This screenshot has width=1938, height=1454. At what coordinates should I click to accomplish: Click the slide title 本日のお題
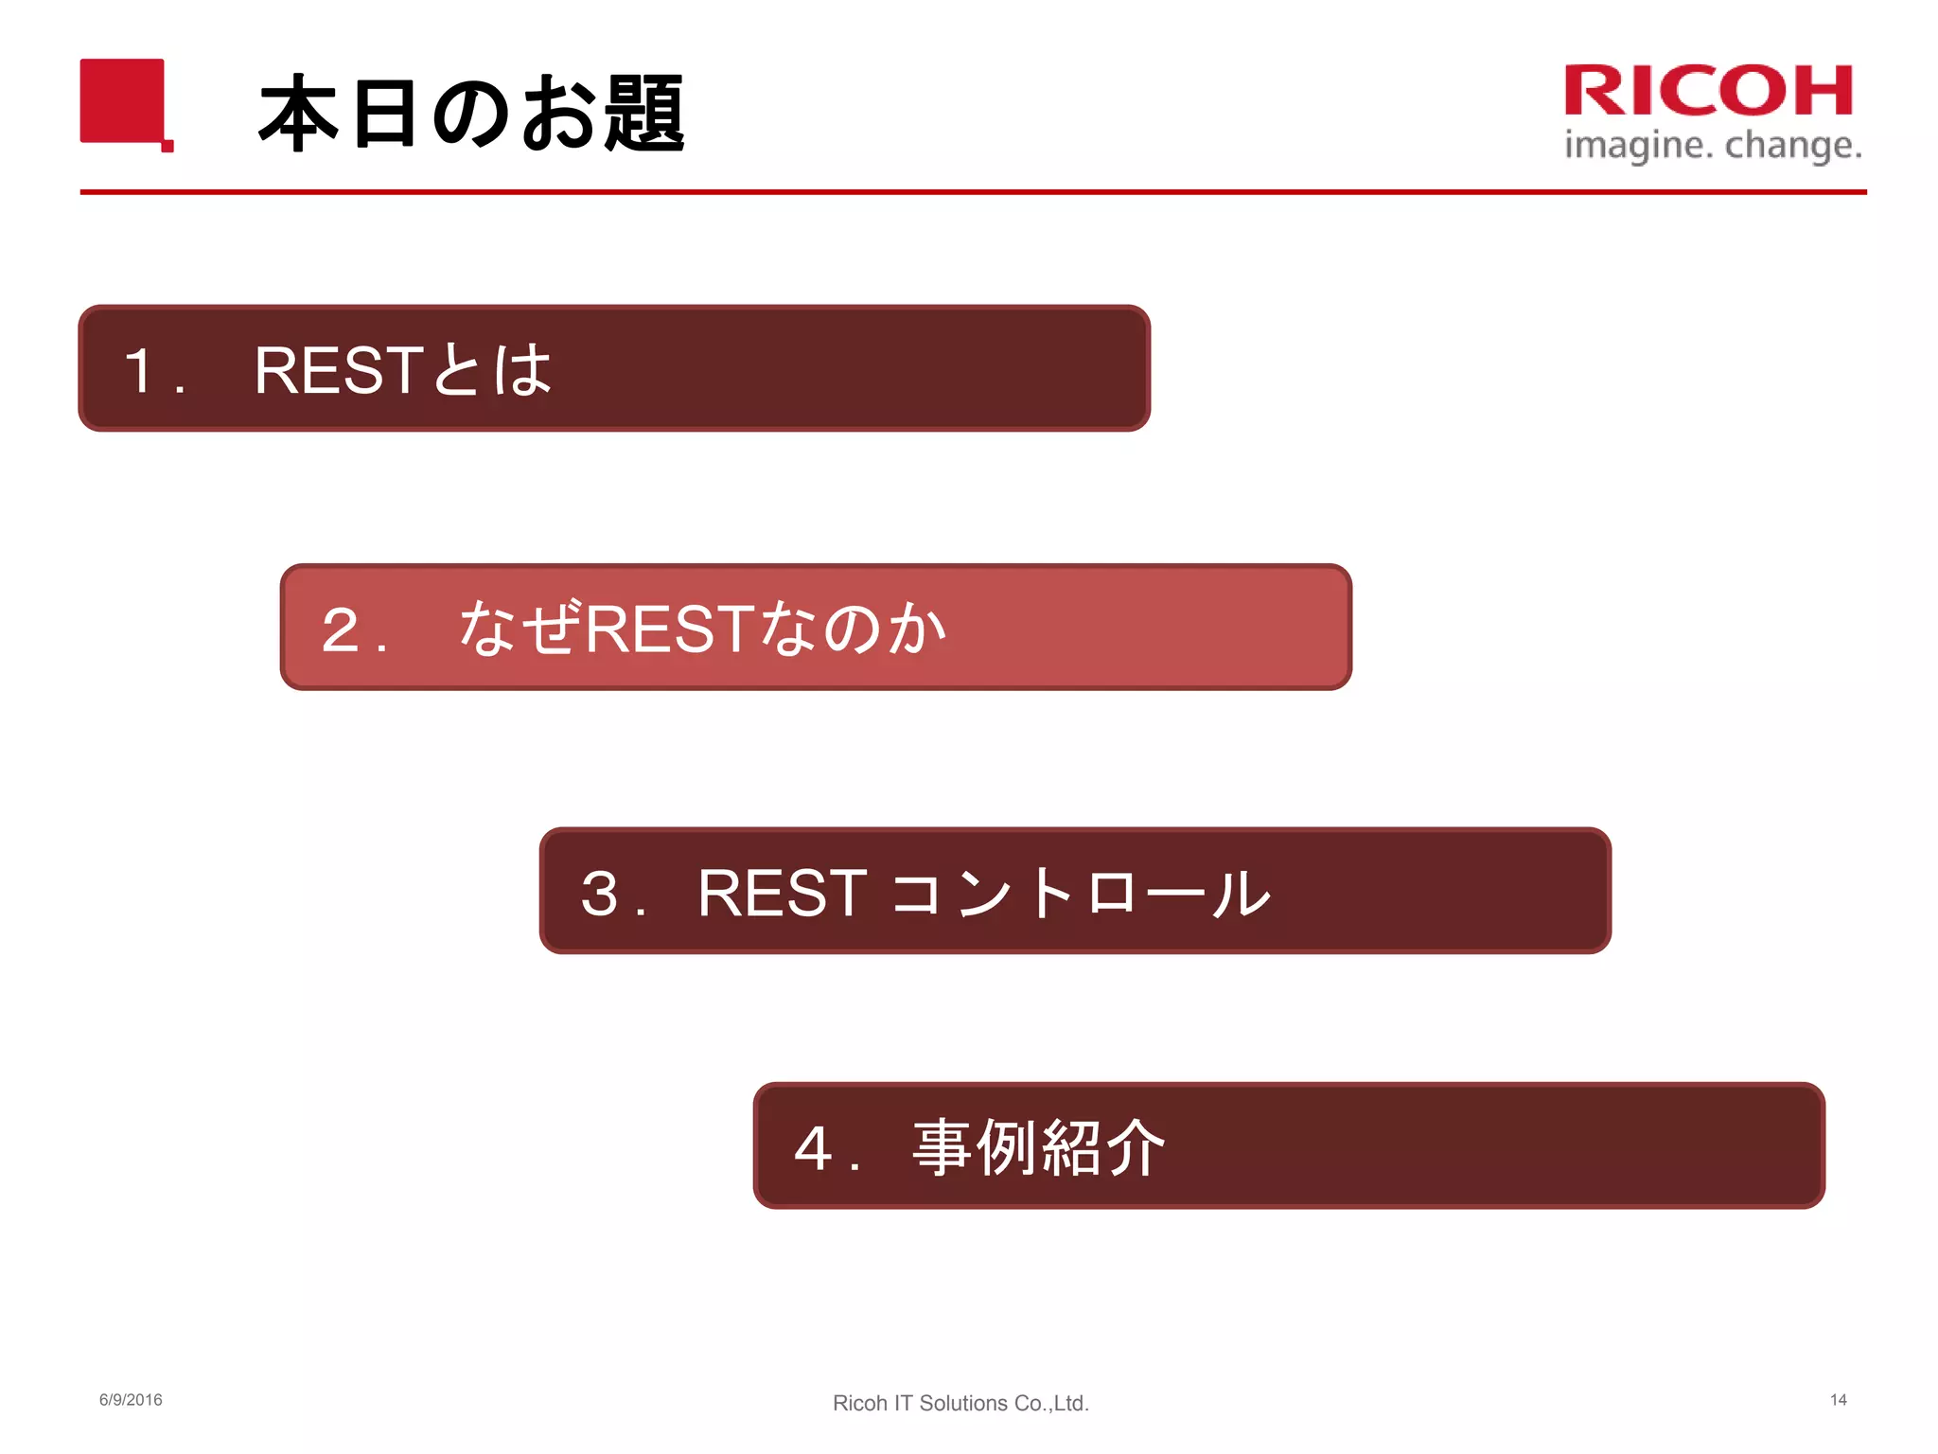tap(470, 114)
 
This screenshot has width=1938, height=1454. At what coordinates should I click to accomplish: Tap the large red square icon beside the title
tap(123, 101)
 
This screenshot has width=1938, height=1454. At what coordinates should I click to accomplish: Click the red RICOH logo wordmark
tap(1708, 91)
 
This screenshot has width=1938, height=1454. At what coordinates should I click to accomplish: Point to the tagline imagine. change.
tap(1713, 146)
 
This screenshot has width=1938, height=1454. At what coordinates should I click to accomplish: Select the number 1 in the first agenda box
tap(140, 370)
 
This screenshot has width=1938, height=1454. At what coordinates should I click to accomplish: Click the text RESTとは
tap(402, 370)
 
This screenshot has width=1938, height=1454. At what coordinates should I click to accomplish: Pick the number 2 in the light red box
tap(341, 629)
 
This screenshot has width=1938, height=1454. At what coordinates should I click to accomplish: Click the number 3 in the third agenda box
tap(600, 893)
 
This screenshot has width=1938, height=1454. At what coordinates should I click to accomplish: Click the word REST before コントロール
tap(782, 893)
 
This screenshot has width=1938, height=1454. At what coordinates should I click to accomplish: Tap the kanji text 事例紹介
tap(1038, 1148)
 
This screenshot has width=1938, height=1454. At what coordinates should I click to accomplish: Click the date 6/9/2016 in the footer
tap(131, 1400)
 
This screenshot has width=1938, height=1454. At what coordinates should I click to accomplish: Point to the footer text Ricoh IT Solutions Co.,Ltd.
tap(960, 1403)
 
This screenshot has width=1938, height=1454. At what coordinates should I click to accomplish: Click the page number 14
tap(1838, 1400)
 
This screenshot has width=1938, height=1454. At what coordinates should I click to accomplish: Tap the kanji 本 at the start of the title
tap(298, 114)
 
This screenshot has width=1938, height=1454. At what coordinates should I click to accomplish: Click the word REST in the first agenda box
tap(337, 370)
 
